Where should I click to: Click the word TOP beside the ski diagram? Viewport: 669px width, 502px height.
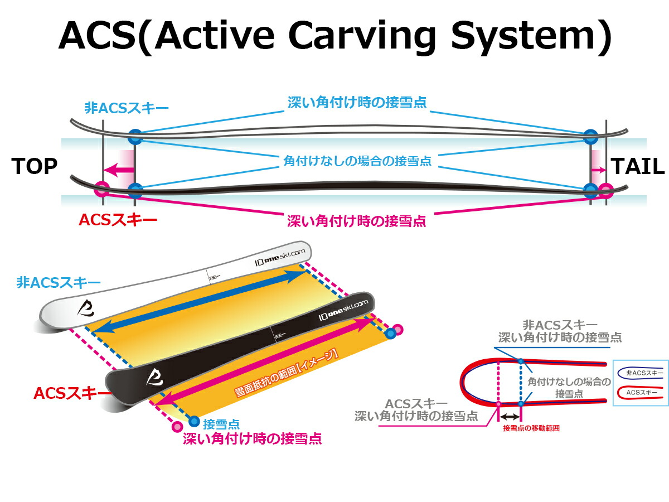tap(34, 166)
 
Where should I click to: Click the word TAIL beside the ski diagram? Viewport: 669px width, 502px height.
tap(638, 166)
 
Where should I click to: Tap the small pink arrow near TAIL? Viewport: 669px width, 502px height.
tap(599, 170)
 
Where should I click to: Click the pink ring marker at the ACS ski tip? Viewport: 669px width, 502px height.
tap(101, 189)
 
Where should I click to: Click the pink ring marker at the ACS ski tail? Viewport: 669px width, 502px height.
tap(606, 191)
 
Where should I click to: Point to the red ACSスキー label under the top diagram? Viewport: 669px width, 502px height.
tap(118, 219)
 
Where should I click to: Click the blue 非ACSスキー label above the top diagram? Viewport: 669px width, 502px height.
tap(118, 107)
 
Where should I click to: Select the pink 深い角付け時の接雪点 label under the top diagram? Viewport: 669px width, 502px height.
tap(356, 221)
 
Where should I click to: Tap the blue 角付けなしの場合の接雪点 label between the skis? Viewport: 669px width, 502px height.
tap(357, 162)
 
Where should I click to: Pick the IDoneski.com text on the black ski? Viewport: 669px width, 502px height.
tap(343, 308)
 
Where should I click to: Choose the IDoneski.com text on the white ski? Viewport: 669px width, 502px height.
tap(279, 255)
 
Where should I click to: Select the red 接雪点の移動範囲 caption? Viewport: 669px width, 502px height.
tap(531, 428)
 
